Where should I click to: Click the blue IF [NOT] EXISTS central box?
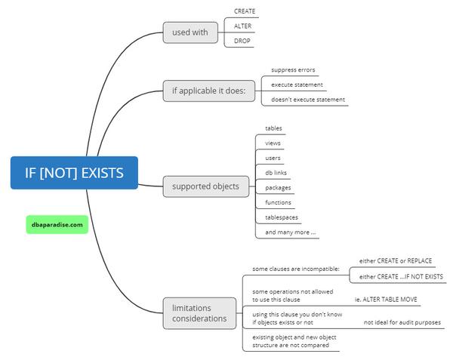click(x=74, y=173)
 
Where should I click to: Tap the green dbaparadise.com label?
click(x=57, y=223)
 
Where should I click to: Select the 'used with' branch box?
click(x=190, y=32)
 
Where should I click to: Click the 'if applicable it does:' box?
click(x=209, y=92)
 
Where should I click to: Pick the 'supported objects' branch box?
click(x=205, y=186)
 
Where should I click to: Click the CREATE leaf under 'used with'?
click(x=245, y=12)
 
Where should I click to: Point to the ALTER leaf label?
click(x=242, y=26)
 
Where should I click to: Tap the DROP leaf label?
click(x=242, y=41)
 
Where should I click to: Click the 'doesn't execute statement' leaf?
click(x=308, y=99)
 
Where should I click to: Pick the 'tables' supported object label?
click(x=273, y=128)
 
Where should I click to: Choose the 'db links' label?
click(x=276, y=173)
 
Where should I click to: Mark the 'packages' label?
click(x=278, y=187)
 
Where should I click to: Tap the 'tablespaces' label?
click(x=282, y=217)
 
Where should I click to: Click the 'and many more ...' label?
click(x=291, y=232)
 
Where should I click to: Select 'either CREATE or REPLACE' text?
click(x=396, y=261)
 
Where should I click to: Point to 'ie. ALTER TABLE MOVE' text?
click(x=387, y=299)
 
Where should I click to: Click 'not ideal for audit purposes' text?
click(x=402, y=322)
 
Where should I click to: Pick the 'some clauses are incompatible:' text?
click(x=295, y=269)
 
